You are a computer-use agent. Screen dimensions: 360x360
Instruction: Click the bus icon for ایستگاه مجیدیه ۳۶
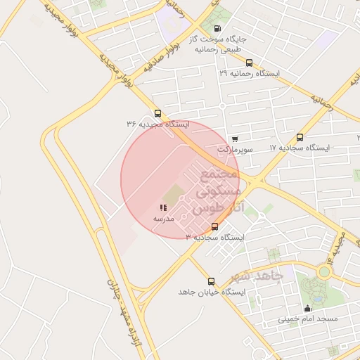pos(157,112)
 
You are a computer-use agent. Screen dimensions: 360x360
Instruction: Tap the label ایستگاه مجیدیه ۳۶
pos(157,124)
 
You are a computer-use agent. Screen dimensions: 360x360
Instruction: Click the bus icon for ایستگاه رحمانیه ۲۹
pos(249,63)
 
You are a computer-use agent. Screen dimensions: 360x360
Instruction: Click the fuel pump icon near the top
pos(216,29)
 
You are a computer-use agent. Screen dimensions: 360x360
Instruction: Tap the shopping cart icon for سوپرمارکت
pos(234,139)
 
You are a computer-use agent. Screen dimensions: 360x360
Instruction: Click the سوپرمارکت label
pos(234,149)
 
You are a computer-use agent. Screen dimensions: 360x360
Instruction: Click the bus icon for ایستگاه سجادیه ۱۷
pos(300,137)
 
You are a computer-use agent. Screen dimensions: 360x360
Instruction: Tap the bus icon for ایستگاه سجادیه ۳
pos(214,226)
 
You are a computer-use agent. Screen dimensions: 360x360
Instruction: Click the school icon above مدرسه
pos(163,208)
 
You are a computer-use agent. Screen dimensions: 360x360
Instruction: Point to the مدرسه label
pos(164,219)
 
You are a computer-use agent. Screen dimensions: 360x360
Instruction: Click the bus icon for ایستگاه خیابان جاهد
pos(211,281)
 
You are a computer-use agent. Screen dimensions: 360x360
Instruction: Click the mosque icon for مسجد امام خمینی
pos(307,308)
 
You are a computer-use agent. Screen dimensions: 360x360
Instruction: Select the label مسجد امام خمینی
pos(308,319)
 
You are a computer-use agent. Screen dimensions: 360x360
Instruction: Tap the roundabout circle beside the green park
pos(325,272)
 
